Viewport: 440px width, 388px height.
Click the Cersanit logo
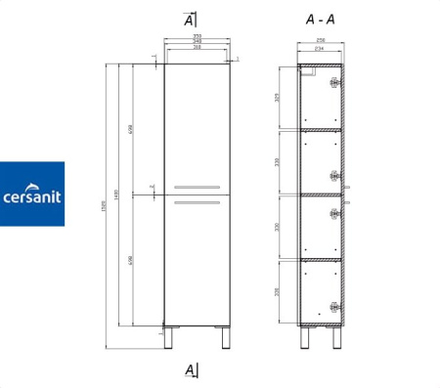32,194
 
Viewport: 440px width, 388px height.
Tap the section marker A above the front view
190,20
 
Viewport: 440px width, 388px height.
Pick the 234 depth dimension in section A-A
319,49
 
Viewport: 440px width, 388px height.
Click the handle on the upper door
197,186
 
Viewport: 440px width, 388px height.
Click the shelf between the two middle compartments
320,193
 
